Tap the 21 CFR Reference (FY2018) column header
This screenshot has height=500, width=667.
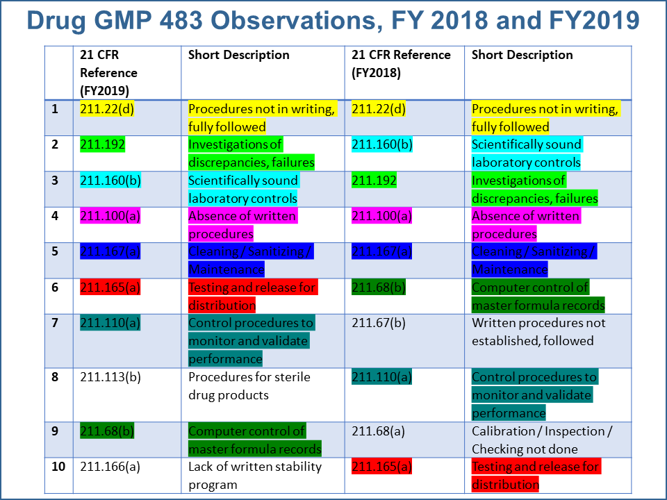(401, 64)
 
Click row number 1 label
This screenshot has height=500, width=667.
(56, 109)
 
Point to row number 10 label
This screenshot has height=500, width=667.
(58, 466)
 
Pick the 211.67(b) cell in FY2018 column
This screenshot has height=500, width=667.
(381, 323)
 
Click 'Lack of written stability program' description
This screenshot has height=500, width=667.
(254, 475)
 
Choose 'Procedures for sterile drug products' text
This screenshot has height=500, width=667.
(249, 386)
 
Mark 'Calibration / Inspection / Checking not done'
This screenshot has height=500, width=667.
(542, 440)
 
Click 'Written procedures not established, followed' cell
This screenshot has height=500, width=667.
(538, 332)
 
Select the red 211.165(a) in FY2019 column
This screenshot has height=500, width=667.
(110, 287)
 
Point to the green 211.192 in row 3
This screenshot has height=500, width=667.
(374, 181)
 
